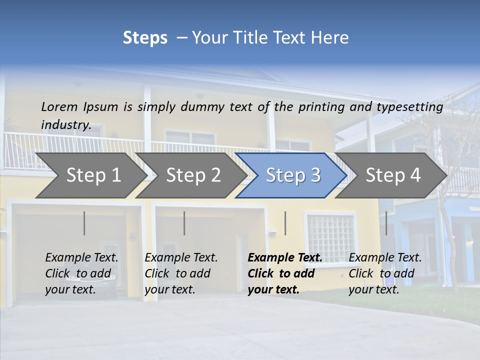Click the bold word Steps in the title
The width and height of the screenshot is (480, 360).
145,38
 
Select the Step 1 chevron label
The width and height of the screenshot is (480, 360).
93,175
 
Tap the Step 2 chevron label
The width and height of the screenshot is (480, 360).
193,175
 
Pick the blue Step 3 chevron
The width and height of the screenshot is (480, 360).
293,175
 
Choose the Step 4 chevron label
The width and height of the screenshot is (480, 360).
393,175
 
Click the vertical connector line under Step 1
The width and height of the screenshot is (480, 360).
84,223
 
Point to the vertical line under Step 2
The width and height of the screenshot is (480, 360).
184,223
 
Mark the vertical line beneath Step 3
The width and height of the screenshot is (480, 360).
285,223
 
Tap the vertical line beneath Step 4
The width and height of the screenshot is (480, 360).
386,223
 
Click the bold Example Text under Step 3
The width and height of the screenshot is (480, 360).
285,257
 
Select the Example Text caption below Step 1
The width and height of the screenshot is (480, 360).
81,257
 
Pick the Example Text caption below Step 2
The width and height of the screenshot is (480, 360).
181,257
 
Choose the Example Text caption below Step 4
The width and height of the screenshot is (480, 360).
385,257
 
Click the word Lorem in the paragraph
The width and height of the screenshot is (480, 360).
59,106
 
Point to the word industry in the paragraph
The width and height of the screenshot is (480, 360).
65,124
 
